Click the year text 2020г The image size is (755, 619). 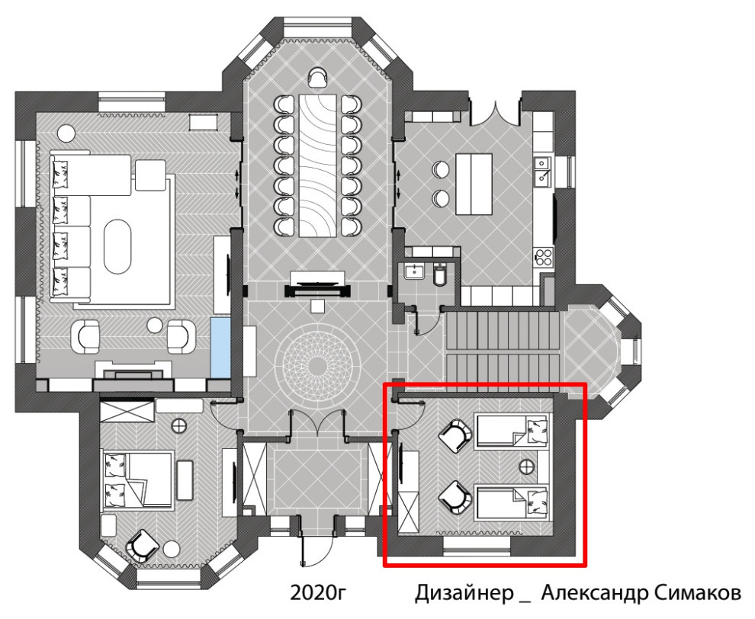pyautogui.click(x=318, y=592)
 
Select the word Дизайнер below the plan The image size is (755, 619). pyautogui.click(x=464, y=593)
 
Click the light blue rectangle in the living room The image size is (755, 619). pyautogui.click(x=220, y=348)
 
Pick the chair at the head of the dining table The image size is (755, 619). pyautogui.click(x=317, y=77)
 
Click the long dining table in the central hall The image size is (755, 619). pyautogui.click(x=317, y=165)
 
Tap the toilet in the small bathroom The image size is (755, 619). pyautogui.click(x=440, y=274)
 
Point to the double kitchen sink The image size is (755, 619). pyautogui.click(x=543, y=172)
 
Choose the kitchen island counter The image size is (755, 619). pyautogui.click(x=474, y=184)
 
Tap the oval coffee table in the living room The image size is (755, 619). pyautogui.click(x=117, y=247)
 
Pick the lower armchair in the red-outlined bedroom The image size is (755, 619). pyautogui.click(x=455, y=497)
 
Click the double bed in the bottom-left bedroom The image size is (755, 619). pyautogui.click(x=138, y=480)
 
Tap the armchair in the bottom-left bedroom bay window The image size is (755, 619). pyautogui.click(x=142, y=545)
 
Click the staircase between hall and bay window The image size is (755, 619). pyautogui.click(x=503, y=347)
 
